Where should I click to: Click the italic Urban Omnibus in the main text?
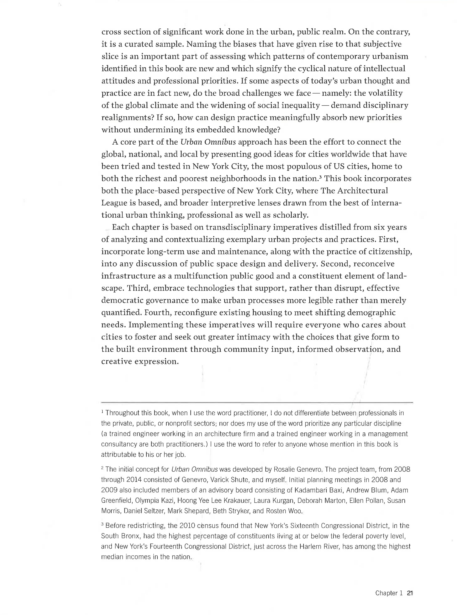point(208,142)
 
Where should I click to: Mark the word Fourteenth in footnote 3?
point(162,546)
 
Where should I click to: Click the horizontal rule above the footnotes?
point(257,402)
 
